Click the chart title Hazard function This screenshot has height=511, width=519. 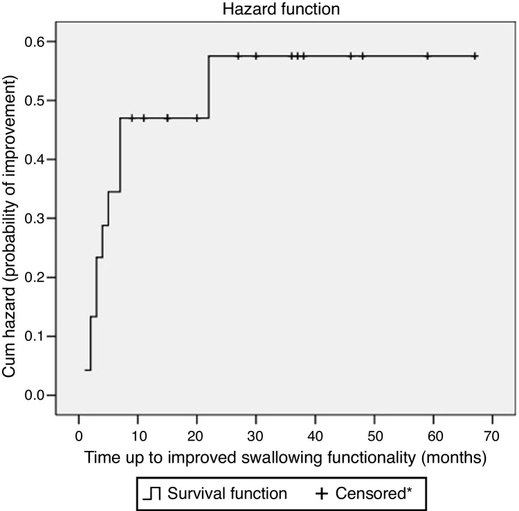[260, 10]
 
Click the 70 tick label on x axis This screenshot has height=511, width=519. [493, 439]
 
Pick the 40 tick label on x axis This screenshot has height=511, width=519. [316, 439]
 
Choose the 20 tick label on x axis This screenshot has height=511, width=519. [197, 439]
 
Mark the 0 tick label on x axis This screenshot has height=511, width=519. [79, 439]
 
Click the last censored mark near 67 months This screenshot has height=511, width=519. [475, 56]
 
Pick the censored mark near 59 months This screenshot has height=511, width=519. [428, 56]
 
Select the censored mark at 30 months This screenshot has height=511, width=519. [256, 56]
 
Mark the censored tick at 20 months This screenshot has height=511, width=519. [197, 118]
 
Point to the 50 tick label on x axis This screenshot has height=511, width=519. [374, 439]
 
